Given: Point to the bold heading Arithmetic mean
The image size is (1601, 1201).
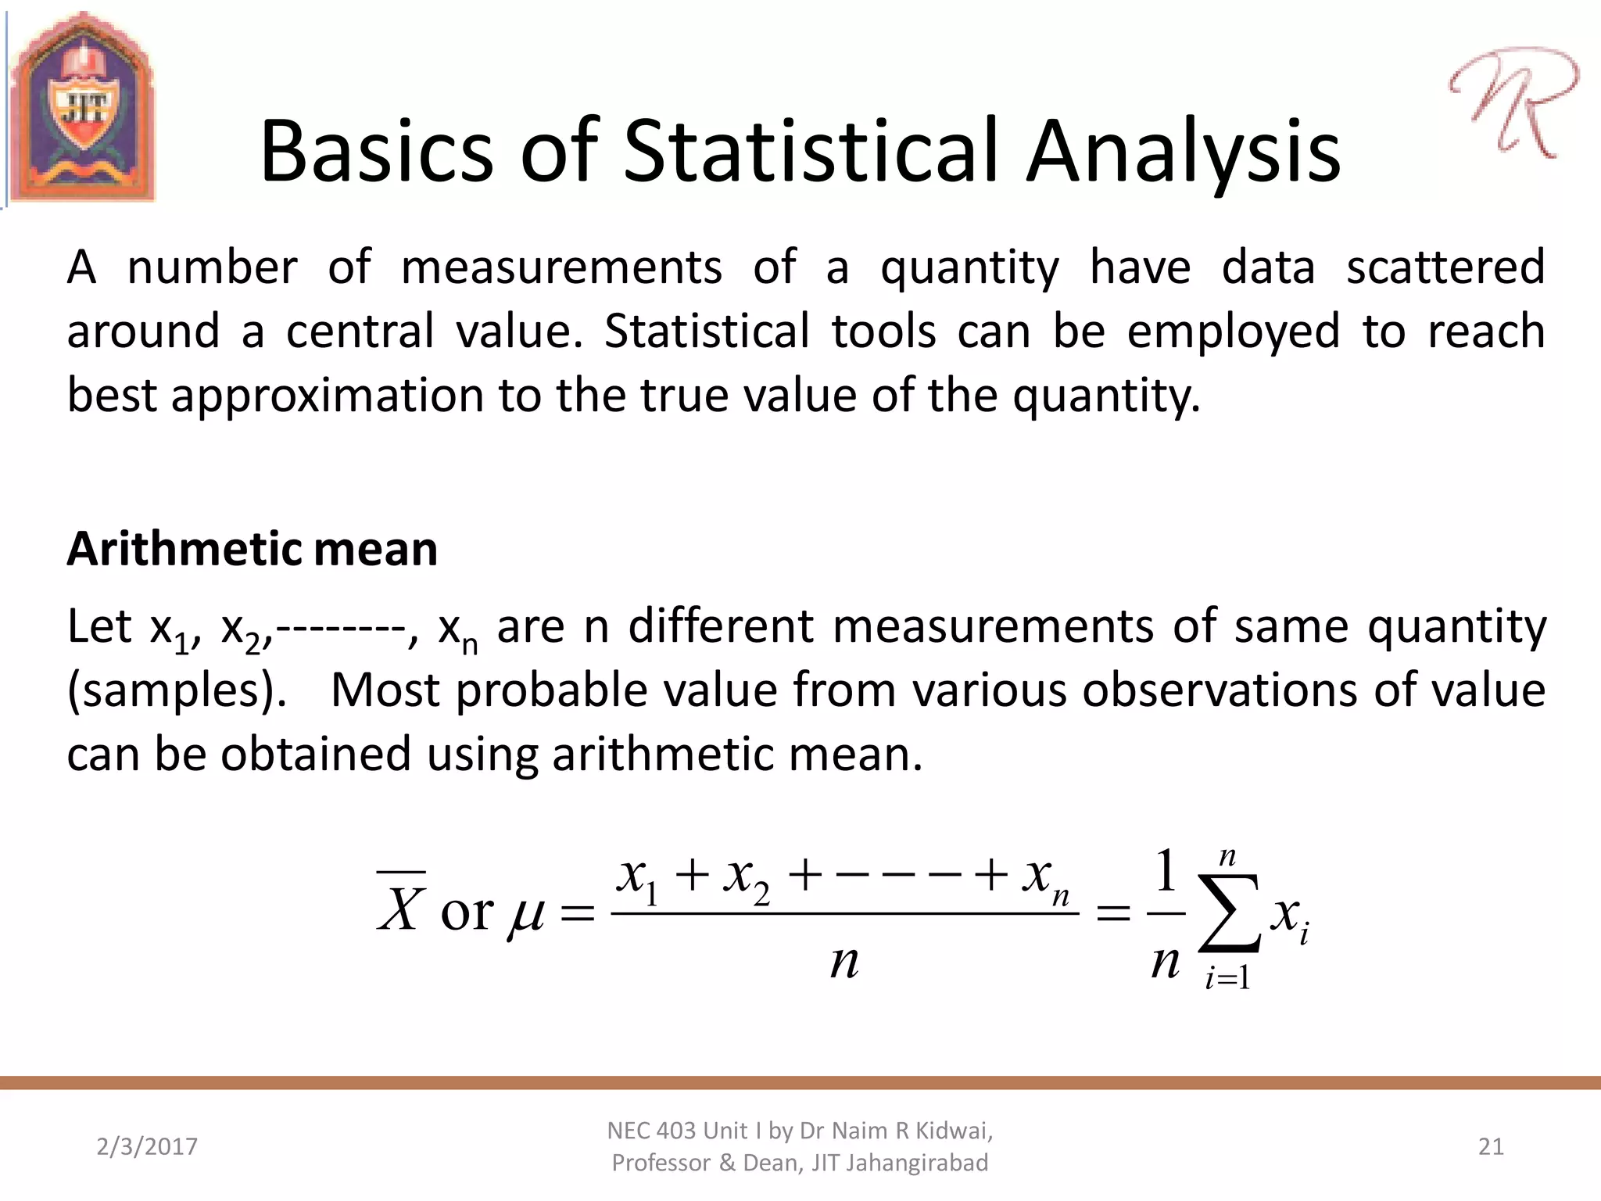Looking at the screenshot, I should (252, 549).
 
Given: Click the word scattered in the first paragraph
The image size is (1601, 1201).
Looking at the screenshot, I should (1445, 267).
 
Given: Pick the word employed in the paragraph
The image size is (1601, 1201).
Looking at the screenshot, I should (1233, 332).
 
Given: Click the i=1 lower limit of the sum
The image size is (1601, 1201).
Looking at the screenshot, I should (1227, 978).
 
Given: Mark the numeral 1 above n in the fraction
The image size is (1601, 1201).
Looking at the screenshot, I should (1166, 872).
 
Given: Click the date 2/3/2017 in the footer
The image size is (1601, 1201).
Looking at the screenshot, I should (147, 1147).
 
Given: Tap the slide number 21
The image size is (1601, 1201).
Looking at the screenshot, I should (1491, 1147).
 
